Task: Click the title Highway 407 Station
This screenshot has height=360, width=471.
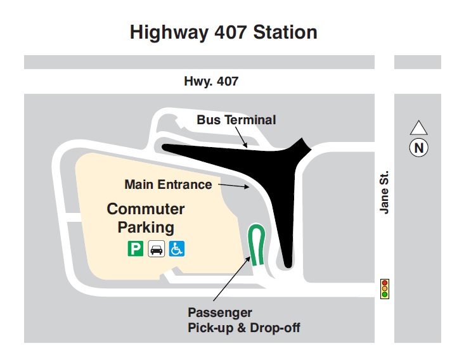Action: (x=223, y=32)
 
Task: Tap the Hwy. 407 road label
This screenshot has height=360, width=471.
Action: (x=211, y=81)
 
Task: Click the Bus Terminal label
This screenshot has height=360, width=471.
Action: (x=236, y=120)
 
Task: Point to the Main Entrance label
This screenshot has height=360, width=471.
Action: (x=168, y=184)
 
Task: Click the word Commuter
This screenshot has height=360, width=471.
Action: (x=146, y=209)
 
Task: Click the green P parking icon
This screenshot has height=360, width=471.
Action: (x=135, y=249)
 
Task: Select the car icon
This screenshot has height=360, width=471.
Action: (x=156, y=249)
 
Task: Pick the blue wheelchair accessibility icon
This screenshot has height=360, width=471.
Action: (x=177, y=249)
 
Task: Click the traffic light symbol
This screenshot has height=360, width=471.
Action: (x=384, y=288)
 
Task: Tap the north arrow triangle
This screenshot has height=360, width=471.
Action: (x=418, y=128)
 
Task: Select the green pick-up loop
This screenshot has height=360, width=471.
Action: (x=255, y=245)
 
